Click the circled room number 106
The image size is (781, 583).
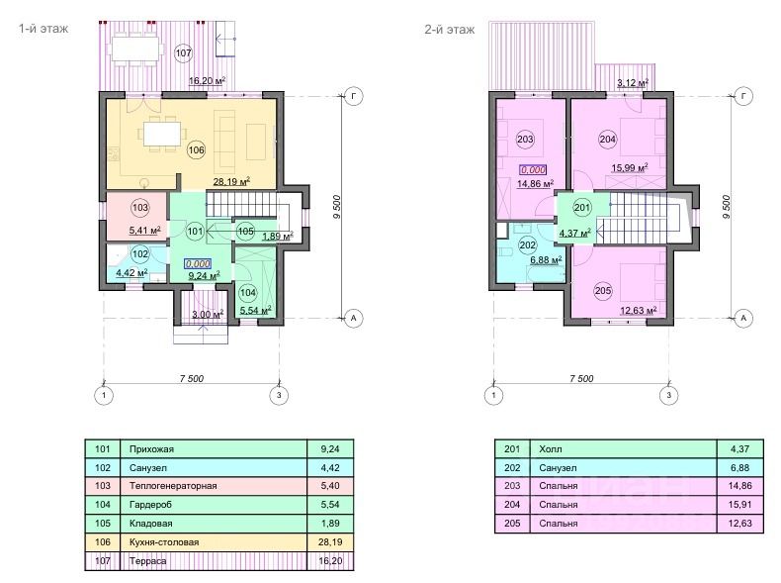pos(197,150)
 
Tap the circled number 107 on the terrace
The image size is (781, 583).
pos(183,52)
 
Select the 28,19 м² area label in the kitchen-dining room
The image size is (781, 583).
pos(231,181)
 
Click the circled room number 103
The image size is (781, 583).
pos(140,208)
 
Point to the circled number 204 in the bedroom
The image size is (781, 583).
pos(608,140)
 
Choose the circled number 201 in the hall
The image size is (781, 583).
pos(581,208)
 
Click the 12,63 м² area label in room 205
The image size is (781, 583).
pos(638,311)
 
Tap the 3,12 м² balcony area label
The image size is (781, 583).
pos(633,83)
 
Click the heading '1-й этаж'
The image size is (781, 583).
pos(43,29)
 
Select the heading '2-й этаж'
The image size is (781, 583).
pos(450,30)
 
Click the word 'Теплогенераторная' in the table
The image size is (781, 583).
pos(173,486)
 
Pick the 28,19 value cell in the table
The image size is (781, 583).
pos(330,542)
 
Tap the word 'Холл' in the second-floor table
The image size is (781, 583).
pos(551,449)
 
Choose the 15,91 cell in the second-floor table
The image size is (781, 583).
pos(739,505)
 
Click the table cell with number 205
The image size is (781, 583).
pos(512,524)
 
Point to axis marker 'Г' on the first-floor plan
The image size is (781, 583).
pos(354,96)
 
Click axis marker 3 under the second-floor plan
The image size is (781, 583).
pos(668,396)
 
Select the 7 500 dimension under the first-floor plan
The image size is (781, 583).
pos(192,378)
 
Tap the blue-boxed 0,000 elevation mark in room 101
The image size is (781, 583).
pos(199,264)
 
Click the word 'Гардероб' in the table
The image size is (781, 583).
pos(150,505)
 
